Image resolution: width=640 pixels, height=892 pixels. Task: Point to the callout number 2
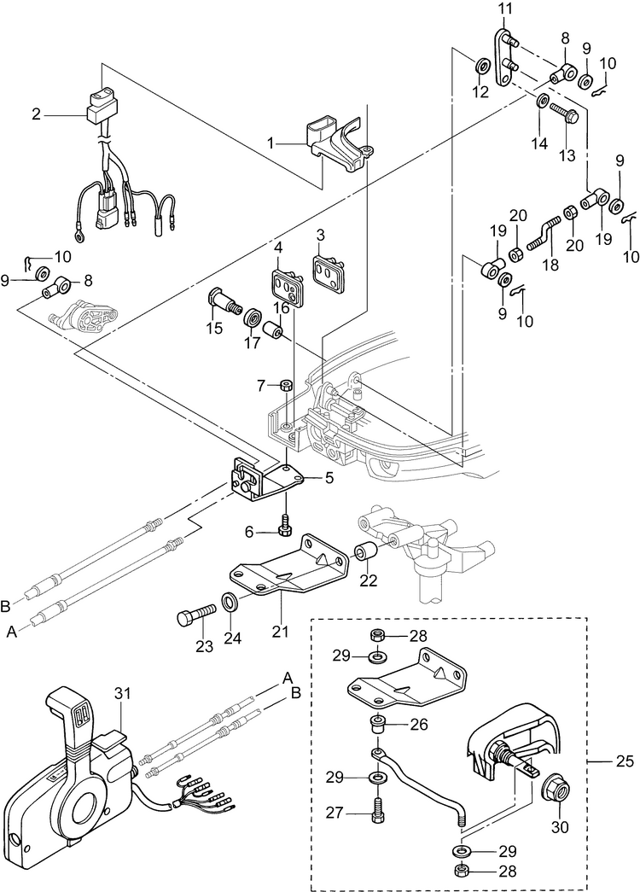coord(37,114)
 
